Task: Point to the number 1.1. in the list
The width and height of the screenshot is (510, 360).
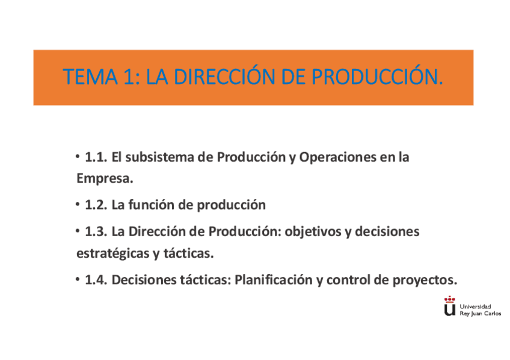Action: click(96, 158)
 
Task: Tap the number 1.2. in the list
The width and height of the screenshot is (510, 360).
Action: click(96, 205)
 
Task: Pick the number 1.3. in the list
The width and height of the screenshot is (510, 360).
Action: click(96, 232)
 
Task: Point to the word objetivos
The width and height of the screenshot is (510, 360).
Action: click(313, 232)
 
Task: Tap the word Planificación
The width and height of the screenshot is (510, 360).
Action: click(273, 280)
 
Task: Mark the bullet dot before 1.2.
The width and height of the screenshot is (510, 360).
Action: click(78, 204)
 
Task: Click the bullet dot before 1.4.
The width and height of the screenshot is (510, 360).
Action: click(78, 279)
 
